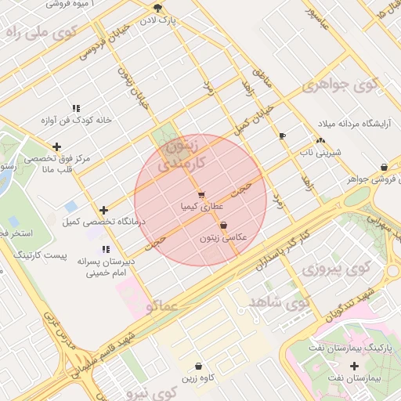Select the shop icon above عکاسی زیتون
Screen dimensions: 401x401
click(224, 225)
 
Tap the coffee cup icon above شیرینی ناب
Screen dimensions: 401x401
click(283, 135)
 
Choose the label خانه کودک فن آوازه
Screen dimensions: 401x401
click(77, 121)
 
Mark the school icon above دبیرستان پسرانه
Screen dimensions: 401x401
click(106, 250)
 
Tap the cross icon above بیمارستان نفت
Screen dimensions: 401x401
click(356, 367)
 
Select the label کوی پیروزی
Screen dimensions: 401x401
click(336, 270)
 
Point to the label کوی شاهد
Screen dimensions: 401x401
click(279, 301)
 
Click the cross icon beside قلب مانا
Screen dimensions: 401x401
click(56, 146)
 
